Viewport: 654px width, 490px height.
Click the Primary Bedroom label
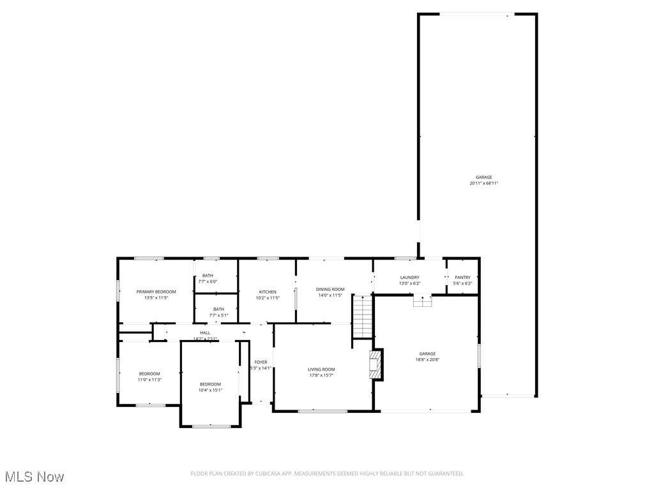click(156, 292)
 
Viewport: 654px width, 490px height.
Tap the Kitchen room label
click(268, 292)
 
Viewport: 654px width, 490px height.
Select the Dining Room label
click(330, 289)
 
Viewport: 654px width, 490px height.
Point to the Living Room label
click(321, 369)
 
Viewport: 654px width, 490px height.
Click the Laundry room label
click(409, 278)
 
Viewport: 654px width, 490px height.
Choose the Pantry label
click(462, 278)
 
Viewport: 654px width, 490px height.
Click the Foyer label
click(261, 362)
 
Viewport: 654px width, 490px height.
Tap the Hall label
click(205, 332)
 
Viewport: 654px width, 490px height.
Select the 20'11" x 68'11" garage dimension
click(483, 183)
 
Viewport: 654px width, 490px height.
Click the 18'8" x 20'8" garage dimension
click(427, 359)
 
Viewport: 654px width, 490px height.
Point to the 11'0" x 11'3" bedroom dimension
click(149, 380)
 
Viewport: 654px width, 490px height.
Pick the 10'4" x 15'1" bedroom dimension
click(210, 390)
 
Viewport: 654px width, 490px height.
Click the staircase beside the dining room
click(362, 316)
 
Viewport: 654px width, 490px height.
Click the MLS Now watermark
click(34, 477)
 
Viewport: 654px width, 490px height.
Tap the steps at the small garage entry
click(422, 301)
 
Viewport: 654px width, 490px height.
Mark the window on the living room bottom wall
click(323, 411)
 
